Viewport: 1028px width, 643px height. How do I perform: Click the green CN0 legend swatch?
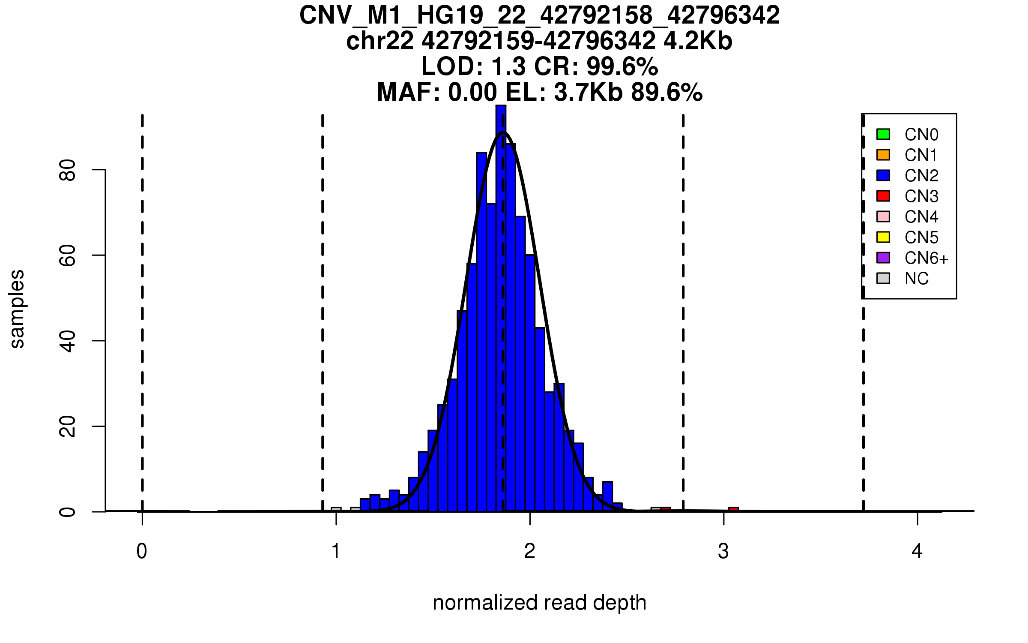(883, 134)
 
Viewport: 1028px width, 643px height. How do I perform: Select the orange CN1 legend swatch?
(883, 155)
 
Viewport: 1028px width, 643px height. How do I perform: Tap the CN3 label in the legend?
(921, 196)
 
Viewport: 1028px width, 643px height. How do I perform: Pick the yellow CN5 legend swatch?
(883, 237)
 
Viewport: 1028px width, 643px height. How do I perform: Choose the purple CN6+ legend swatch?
(883, 258)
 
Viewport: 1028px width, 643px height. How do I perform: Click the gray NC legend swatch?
(883, 278)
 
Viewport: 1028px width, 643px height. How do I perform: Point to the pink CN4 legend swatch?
(883, 216)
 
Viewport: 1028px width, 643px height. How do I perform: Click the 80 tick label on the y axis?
(68, 170)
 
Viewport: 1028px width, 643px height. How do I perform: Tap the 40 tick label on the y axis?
(68, 341)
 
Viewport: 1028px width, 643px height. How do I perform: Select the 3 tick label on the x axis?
(723, 551)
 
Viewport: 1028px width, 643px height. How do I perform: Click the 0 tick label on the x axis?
(142, 551)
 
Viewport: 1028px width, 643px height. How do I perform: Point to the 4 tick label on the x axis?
(917, 551)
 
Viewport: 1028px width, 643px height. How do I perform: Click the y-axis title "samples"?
(17, 309)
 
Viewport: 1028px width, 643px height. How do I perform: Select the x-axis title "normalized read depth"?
(539, 603)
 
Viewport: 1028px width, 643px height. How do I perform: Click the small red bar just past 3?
(733, 509)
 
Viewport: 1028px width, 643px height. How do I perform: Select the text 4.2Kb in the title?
(698, 41)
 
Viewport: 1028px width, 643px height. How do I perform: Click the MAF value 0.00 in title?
(472, 92)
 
